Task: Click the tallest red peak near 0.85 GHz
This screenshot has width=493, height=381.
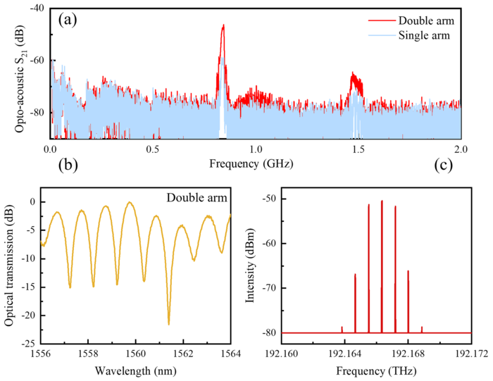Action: click(223, 26)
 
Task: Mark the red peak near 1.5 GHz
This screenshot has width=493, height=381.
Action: click(354, 74)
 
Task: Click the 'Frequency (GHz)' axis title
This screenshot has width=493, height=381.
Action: click(251, 165)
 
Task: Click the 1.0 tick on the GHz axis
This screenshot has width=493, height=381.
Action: click(255, 150)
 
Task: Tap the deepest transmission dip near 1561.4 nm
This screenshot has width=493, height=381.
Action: click(169, 323)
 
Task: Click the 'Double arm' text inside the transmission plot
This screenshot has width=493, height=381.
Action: click(197, 199)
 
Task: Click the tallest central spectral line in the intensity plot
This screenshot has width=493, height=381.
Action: click(382, 201)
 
